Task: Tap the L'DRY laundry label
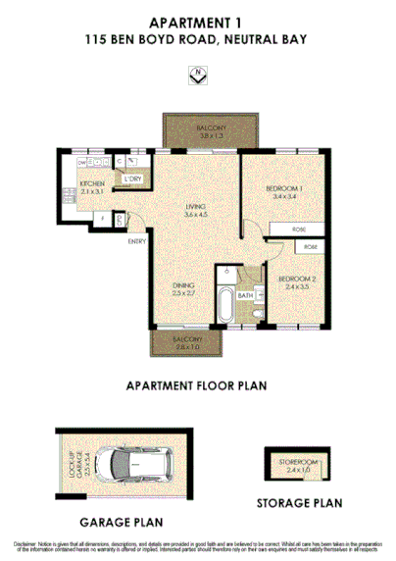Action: click(x=133, y=178)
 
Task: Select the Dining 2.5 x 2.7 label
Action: click(x=184, y=287)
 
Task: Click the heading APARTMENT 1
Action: click(x=197, y=22)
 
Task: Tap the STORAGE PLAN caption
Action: click(x=300, y=504)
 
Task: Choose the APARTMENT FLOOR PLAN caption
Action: click(x=197, y=385)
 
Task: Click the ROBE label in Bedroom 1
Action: click(x=299, y=229)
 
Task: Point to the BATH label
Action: click(x=245, y=294)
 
